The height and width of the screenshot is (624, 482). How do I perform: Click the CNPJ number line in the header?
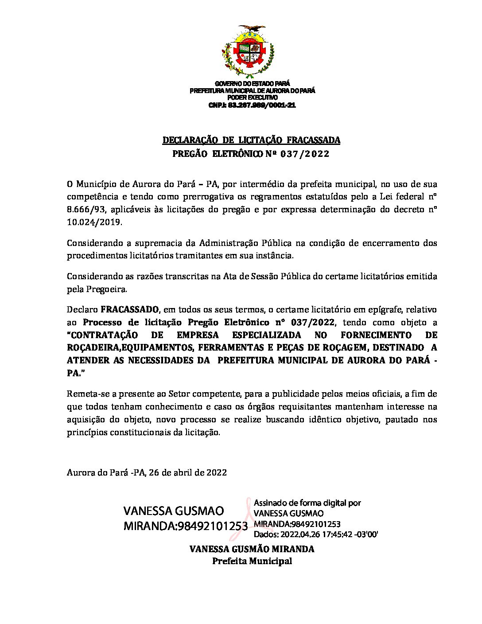(252, 105)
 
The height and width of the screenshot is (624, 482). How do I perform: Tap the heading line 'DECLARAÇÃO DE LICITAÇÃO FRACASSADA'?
(251, 140)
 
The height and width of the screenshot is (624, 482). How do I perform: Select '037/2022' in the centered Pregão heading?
(307, 154)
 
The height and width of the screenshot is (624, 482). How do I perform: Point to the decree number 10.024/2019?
(93, 222)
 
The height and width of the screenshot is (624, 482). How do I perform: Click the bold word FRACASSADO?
(130, 309)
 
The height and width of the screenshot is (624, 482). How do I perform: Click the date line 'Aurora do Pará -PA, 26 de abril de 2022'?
(147, 472)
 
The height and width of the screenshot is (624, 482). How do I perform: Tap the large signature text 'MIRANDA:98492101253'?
(185, 526)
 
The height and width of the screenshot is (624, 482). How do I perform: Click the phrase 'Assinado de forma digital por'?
(307, 503)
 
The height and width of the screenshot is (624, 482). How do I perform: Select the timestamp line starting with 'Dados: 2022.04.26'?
(315, 534)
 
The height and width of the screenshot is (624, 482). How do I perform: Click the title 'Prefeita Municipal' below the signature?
(252, 561)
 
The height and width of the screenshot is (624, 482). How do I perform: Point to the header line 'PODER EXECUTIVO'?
(252, 97)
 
